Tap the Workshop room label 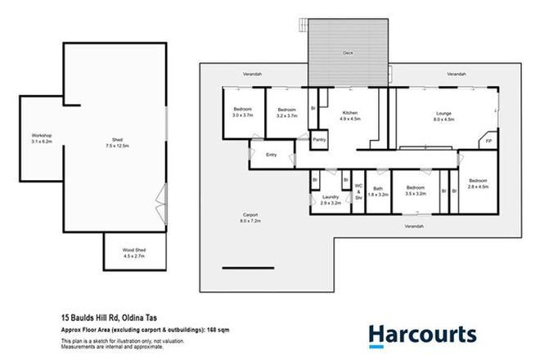pos(42,138)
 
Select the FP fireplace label pos(488,142)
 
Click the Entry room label pos(271,155)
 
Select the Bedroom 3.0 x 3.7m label pos(243,113)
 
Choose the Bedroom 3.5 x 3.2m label pos(416,192)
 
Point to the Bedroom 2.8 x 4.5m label pos(477,184)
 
